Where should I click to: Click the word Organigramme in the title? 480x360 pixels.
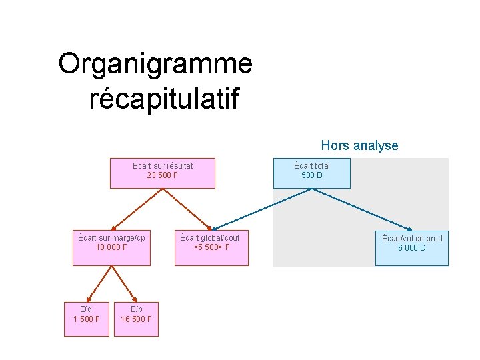coord(155,65)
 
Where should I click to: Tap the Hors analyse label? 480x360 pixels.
coord(359,145)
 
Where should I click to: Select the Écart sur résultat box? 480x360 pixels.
coord(163,173)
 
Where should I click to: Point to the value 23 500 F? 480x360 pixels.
coord(163,176)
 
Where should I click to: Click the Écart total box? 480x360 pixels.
coord(311,173)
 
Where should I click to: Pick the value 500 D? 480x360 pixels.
coord(311,176)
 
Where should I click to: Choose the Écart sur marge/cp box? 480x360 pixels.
coord(111,247)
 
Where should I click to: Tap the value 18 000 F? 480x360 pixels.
coord(111,247)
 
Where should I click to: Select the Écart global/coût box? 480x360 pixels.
coord(211,247)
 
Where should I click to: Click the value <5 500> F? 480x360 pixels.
coord(211,248)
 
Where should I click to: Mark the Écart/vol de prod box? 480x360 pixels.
coord(411,247)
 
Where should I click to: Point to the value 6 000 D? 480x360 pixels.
coord(412,248)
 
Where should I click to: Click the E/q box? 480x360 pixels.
coord(86,319)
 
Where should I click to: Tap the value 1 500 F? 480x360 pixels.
coord(86,319)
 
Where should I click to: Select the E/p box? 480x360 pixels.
coord(136,319)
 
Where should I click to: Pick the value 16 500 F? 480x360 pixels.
coord(136,319)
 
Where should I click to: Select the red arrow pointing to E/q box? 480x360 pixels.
coord(98,284)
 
